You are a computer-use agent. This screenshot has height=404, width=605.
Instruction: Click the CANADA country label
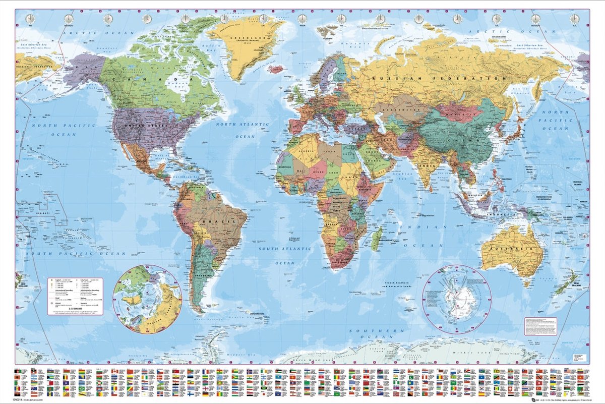click(x=146, y=80)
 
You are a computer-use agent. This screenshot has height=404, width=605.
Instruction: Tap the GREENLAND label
click(x=242, y=38)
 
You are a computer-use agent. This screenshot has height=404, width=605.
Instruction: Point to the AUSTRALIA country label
click(x=512, y=250)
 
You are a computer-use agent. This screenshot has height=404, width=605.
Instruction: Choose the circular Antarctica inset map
click(x=457, y=299)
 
